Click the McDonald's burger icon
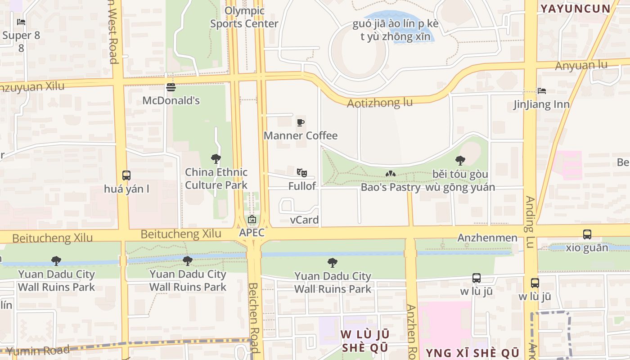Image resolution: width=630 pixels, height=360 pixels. pos(171,87)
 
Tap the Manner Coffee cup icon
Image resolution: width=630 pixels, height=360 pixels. pos(301,122)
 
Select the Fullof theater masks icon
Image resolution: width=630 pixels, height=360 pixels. pos(301,173)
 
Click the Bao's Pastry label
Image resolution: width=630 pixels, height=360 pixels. pos(391,187)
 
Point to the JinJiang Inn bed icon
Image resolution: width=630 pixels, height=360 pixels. pos(542,91)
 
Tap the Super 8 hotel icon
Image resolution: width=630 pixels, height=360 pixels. pos(21,22)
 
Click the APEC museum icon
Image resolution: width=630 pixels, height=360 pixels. pos(252,220)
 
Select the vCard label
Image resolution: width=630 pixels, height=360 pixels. pos(304,220)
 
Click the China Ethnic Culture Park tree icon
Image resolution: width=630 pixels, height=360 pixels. pos(216,158)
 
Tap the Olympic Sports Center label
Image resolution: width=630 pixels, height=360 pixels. pos(244,17)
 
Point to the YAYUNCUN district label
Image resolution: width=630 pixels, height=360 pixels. pos(575,8)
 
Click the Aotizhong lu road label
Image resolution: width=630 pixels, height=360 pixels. pos(379,103)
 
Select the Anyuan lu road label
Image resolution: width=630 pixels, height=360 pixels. pos(581,66)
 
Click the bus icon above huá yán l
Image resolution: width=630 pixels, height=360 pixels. pos(126,175)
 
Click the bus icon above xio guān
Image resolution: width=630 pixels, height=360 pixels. pos(587,234)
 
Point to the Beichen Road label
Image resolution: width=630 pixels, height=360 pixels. pos(254,317)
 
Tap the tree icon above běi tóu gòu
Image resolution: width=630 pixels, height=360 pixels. pos(460,160)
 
